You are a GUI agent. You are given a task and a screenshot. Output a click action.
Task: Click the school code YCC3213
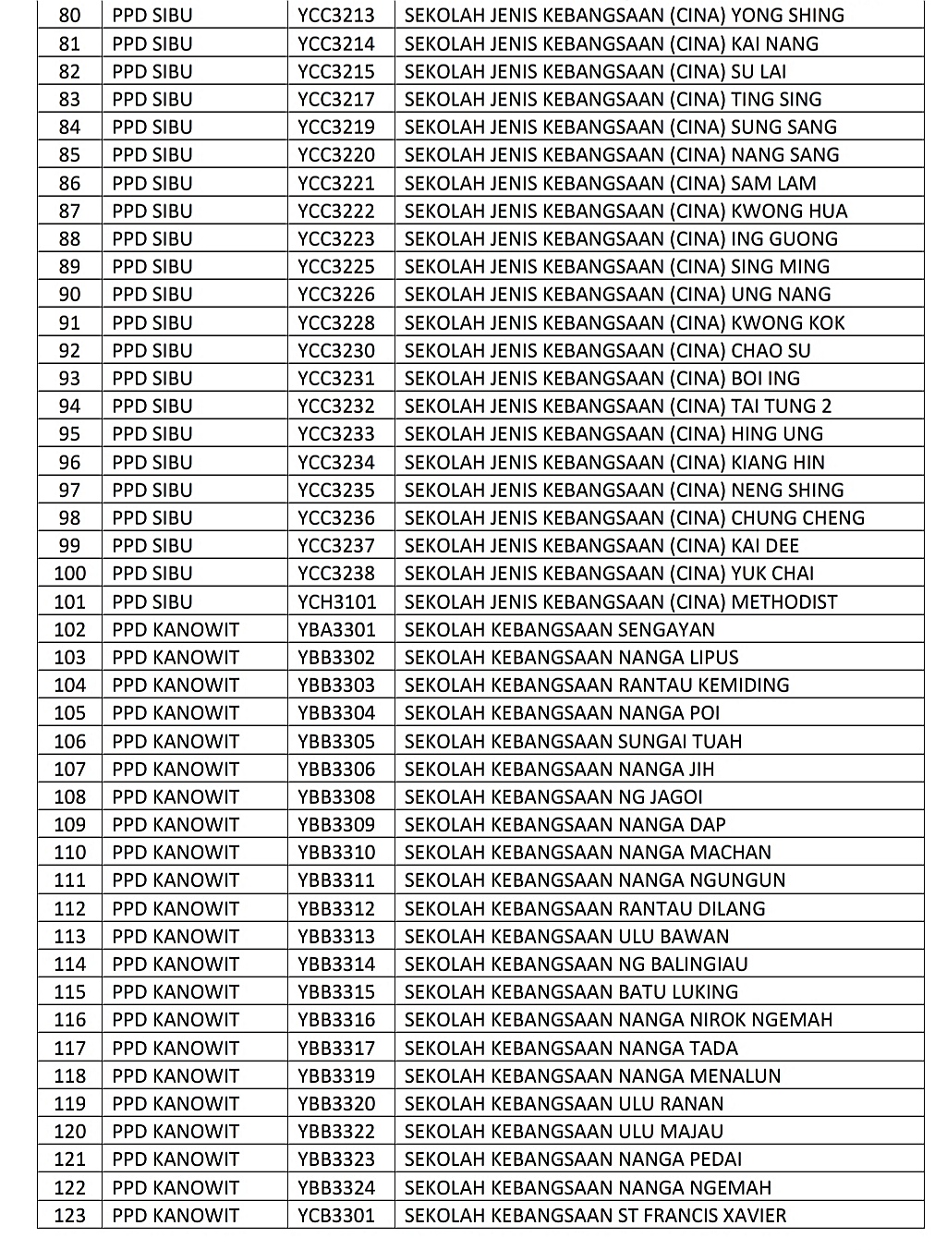point(336,16)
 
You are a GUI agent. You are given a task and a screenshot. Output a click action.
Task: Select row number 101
point(69,602)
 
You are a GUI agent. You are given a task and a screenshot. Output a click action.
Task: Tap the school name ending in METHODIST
point(621,602)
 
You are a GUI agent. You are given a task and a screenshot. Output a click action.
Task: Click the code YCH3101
point(337,602)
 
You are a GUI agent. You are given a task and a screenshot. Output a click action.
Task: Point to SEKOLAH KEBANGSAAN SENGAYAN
point(560,630)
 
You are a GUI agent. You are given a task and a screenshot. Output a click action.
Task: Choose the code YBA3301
point(336,630)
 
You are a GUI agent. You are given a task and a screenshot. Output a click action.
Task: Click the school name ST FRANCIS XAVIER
point(596,1216)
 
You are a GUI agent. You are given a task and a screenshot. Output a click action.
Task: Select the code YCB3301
point(336,1216)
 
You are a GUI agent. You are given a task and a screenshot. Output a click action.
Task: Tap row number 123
point(69,1216)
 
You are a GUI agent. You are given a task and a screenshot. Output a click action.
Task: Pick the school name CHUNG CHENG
point(635,518)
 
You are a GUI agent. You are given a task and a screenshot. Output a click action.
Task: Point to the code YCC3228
point(336,323)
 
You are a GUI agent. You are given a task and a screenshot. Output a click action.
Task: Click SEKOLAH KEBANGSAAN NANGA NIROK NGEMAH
point(618,1020)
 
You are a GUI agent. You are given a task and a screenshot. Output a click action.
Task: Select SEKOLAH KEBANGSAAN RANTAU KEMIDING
point(597,686)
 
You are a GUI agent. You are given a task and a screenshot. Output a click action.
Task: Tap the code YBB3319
point(336,1076)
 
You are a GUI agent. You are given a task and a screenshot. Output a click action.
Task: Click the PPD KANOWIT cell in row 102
point(176,630)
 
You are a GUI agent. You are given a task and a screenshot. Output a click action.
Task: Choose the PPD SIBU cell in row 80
point(152,16)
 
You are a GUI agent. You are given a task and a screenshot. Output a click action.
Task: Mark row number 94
point(69,407)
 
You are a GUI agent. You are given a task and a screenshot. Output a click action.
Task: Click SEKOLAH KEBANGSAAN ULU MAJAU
point(564,1132)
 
